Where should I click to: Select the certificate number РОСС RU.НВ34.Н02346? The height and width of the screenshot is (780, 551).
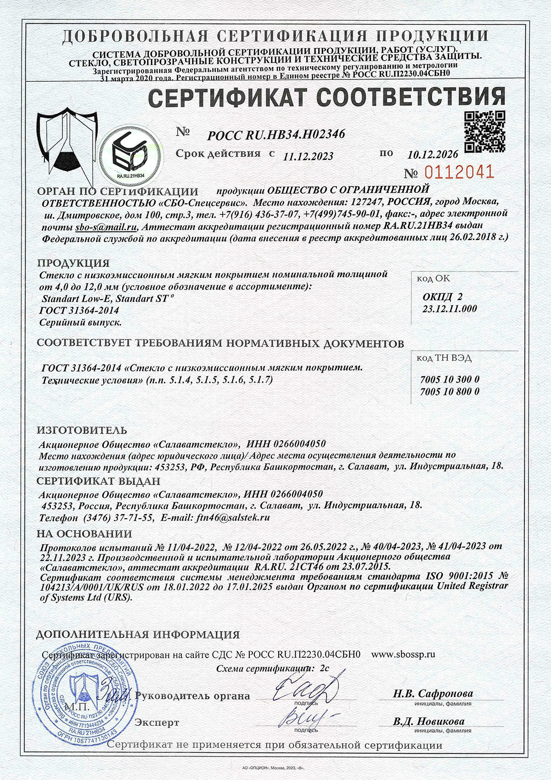coord(275,134)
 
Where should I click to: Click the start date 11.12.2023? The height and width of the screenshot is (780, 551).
coord(308,156)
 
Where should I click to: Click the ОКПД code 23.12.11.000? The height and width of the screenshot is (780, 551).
coord(449,309)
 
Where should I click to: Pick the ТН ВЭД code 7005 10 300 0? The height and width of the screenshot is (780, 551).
coord(450,380)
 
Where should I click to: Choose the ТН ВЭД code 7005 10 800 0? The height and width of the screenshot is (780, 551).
coord(450,391)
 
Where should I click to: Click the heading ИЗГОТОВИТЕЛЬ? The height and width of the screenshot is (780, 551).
coord(82,430)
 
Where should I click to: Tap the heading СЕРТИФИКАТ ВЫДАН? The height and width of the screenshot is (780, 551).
coord(98,481)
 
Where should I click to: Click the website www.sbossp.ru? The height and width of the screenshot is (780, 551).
coord(403,654)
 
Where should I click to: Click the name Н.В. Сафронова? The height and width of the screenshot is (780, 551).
coord(433,694)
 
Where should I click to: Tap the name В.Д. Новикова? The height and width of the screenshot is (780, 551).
coord(428,721)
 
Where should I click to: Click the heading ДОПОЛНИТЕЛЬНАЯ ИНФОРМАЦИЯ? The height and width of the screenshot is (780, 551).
coord(138,634)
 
